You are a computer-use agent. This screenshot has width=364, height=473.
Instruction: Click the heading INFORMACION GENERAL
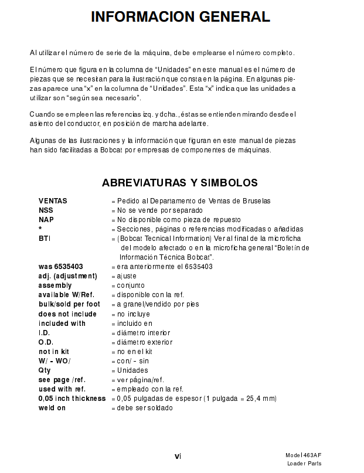click(181, 18)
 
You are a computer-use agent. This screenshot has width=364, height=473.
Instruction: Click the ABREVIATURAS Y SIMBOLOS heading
click(180, 183)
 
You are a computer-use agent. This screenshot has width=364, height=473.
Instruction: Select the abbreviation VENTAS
click(53, 201)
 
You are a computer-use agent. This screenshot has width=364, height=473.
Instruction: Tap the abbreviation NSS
click(46, 210)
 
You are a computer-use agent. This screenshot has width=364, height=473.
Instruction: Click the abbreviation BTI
click(45, 239)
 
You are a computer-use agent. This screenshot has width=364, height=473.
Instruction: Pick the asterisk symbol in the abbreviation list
click(40, 229)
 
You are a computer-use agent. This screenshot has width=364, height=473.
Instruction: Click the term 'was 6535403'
click(61, 267)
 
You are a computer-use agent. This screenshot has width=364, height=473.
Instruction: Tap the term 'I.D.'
click(45, 333)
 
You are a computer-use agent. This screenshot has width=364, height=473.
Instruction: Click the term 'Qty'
click(45, 370)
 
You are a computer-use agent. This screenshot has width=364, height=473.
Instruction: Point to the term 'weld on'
click(52, 408)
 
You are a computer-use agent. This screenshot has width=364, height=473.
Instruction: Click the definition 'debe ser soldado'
click(145, 408)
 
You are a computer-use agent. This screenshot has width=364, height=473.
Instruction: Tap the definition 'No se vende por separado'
click(159, 210)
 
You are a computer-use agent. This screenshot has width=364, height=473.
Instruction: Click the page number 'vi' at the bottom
click(178, 455)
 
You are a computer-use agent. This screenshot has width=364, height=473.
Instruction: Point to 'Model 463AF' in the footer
click(303, 455)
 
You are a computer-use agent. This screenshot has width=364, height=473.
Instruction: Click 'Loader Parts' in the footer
click(304, 464)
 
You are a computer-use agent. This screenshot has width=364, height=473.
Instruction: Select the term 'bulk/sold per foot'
click(69, 304)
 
